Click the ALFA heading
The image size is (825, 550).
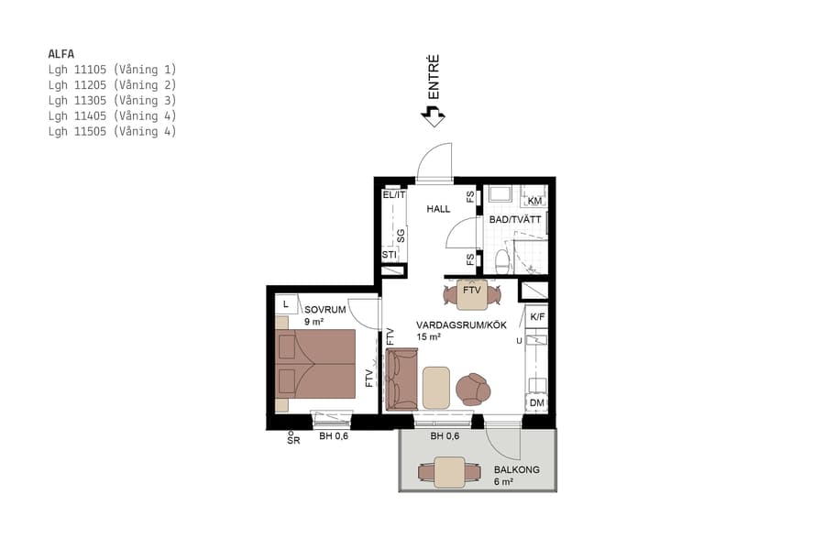coord(60,53)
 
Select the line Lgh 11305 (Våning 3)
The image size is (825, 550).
coord(112,100)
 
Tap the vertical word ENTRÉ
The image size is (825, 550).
coord(434,78)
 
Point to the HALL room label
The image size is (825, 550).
coord(438,209)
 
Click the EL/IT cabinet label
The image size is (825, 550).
coord(393,194)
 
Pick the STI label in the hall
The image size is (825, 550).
coord(390,255)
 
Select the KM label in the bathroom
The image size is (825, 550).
coord(535,201)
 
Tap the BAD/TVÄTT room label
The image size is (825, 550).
coord(514,220)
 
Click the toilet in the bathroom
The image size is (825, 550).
coord(500,262)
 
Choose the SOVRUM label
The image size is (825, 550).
coord(324,310)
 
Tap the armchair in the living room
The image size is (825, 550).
coord(474,389)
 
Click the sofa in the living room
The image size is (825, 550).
coord(402,380)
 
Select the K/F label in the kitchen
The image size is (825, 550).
coord(536,317)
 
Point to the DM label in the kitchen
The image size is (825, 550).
coord(535,403)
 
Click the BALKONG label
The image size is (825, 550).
coord(522,469)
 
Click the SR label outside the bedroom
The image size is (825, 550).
coord(293,440)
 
